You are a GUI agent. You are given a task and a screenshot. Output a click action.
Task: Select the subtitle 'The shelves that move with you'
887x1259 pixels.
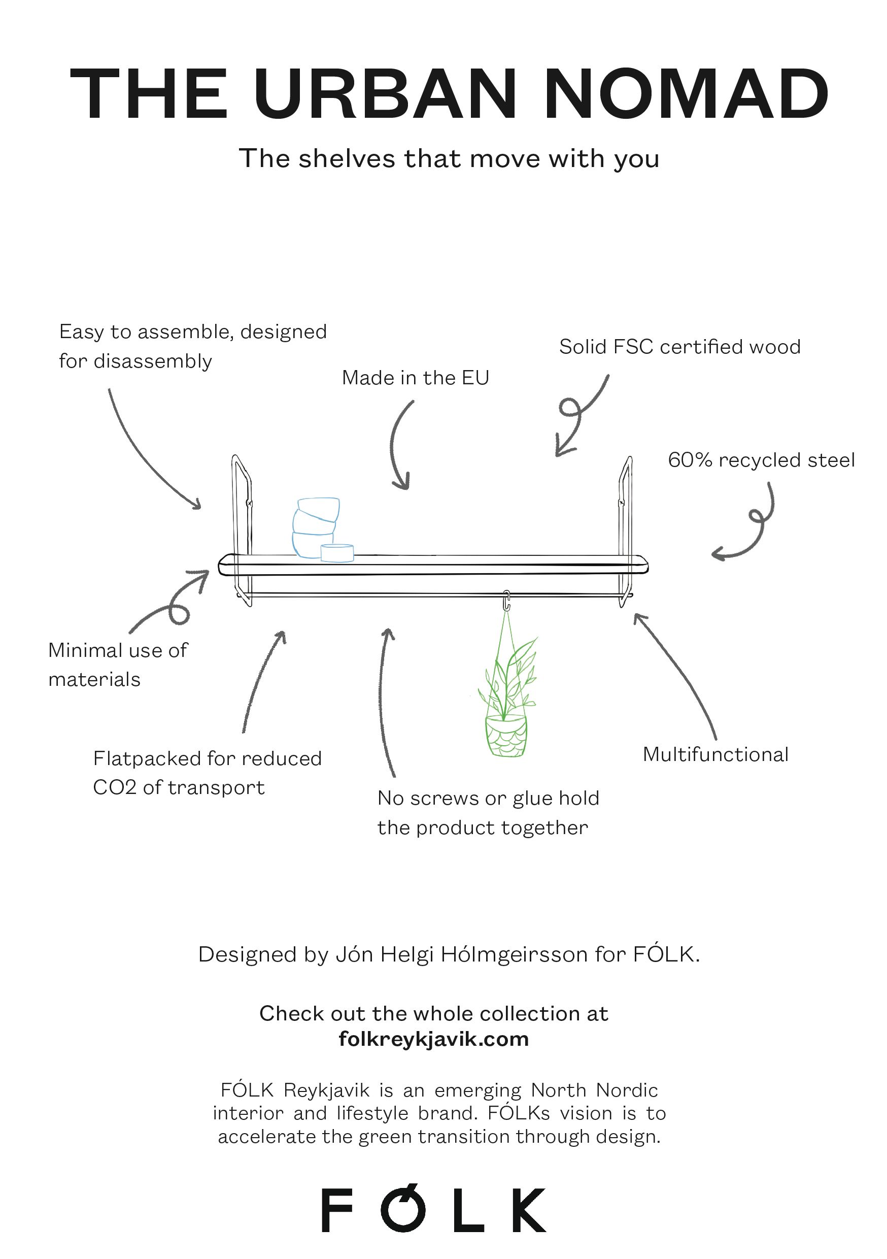click(449, 159)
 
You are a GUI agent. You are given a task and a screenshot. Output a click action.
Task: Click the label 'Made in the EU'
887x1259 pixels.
click(415, 378)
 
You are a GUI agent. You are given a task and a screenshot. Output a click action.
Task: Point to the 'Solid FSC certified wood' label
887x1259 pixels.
click(679, 347)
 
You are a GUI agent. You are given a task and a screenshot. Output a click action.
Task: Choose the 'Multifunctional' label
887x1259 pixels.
click(715, 754)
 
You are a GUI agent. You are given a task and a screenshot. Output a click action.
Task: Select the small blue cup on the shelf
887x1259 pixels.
click(336, 553)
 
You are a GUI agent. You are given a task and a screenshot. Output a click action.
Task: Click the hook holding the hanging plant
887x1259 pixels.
click(506, 600)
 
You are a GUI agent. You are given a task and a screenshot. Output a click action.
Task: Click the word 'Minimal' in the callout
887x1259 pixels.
click(85, 650)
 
